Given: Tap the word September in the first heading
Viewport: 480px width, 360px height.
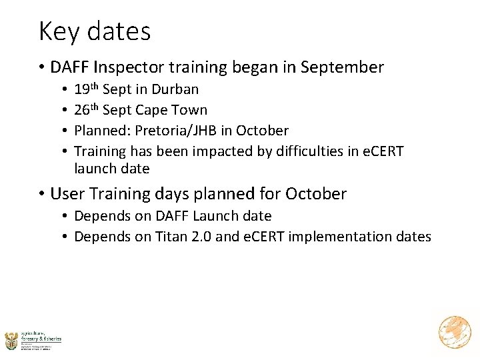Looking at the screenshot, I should [x=343, y=67].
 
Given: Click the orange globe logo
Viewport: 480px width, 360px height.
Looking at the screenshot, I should [x=455, y=333].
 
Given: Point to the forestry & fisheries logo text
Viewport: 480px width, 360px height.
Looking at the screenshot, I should [x=41, y=337].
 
